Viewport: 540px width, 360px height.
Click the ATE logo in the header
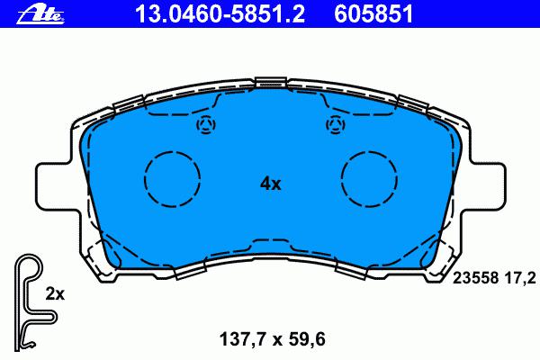point(40,15)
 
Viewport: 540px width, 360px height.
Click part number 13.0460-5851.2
point(220,14)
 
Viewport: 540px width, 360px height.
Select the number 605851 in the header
point(373,14)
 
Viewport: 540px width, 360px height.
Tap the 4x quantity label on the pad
point(270,184)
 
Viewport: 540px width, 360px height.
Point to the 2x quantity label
point(55,294)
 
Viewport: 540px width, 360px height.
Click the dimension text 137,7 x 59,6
point(273,339)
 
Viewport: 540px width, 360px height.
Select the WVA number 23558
point(475,278)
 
